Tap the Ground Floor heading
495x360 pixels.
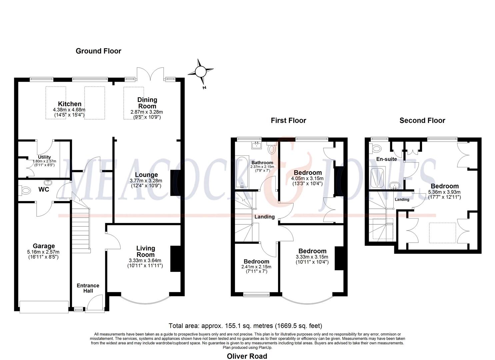pyautogui.click(x=98, y=51)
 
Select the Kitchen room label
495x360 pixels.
pyautogui.click(x=69, y=104)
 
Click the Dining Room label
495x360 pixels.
pyautogui.click(x=147, y=103)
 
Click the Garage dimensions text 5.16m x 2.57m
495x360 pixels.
pyautogui.click(x=44, y=252)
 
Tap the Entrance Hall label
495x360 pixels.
pyautogui.click(x=88, y=288)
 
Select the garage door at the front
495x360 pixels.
pyautogui.click(x=44, y=307)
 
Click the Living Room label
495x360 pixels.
pyautogui.click(x=146, y=251)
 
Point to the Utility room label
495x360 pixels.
pyautogui.click(x=44, y=157)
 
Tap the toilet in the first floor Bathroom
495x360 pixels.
pyautogui.click(x=272, y=148)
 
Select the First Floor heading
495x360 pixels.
pyautogui.click(x=288, y=120)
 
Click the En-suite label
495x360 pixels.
pyautogui.click(x=386, y=159)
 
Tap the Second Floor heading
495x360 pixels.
pyautogui.click(x=422, y=120)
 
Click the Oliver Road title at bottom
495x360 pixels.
pyautogui.click(x=247, y=356)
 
